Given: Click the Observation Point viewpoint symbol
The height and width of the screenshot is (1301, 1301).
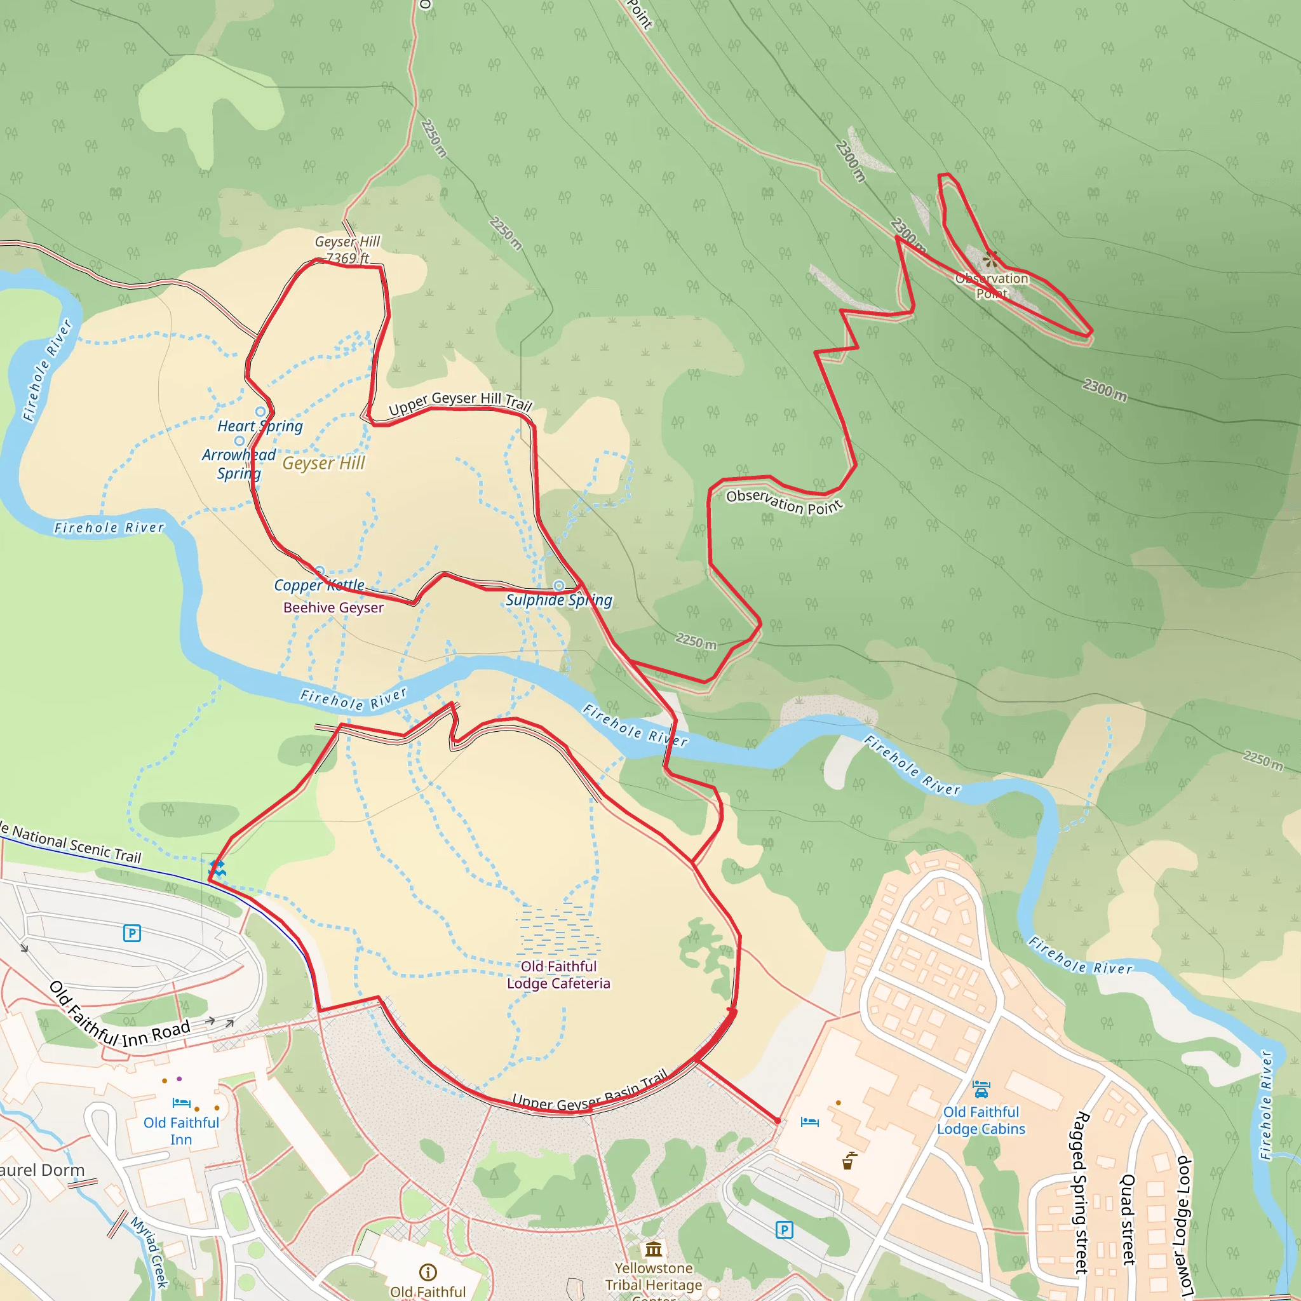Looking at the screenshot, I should click(x=990, y=259).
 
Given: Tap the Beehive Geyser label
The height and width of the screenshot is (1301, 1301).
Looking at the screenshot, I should click(x=334, y=607).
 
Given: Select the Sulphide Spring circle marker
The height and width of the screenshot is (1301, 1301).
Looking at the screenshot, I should click(x=559, y=585).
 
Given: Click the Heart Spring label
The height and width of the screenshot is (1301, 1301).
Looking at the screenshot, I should click(x=260, y=426).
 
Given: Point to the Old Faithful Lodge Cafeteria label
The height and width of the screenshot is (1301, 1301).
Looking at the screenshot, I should click(x=558, y=974).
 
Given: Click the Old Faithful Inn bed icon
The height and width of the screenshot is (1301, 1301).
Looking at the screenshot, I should click(x=181, y=1103).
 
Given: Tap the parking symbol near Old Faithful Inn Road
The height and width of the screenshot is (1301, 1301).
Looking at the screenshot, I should click(x=132, y=933).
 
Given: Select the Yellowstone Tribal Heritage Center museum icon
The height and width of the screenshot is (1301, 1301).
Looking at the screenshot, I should click(x=653, y=1250).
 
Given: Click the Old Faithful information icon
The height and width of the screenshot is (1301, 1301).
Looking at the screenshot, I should click(x=428, y=1272).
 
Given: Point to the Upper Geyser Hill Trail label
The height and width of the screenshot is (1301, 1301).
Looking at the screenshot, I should click(x=460, y=402).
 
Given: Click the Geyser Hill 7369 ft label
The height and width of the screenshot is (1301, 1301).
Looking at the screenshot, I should click(x=347, y=250).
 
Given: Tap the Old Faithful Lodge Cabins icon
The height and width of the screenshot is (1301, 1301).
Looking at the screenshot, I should click(x=981, y=1088).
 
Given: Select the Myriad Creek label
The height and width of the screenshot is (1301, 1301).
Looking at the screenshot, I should click(x=149, y=1252).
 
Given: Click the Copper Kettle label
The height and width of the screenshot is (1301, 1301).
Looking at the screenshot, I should click(x=319, y=585).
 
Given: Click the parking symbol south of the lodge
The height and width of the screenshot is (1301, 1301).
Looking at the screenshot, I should click(x=785, y=1230).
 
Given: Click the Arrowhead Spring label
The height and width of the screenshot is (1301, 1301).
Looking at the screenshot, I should click(x=239, y=464).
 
